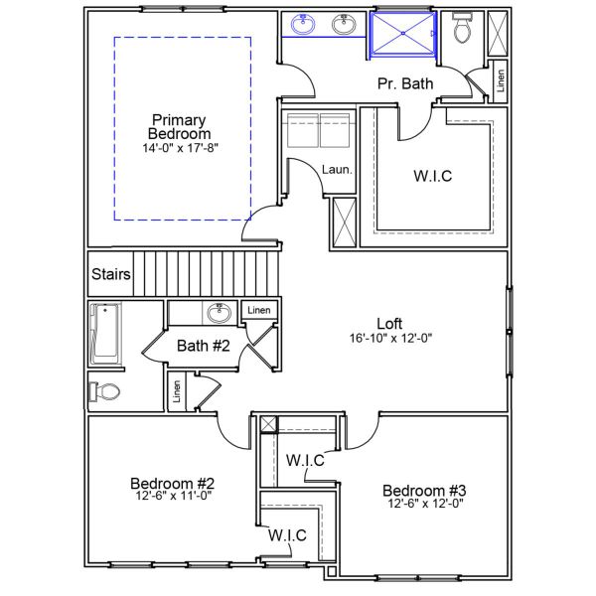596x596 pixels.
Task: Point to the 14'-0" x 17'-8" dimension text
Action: [x=180, y=148]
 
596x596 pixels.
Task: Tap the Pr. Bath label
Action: [x=405, y=84]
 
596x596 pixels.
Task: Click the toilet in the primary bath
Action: [x=460, y=31]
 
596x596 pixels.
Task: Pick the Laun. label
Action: [x=336, y=170]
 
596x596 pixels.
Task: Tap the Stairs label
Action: [x=110, y=274]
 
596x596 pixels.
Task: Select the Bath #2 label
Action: [x=204, y=346]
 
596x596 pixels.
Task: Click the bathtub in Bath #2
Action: [x=104, y=334]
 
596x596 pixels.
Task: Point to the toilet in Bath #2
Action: [x=104, y=390]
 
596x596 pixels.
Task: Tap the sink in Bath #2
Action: [x=219, y=314]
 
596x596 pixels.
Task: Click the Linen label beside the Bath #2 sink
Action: [x=259, y=311]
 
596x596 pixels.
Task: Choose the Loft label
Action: [x=390, y=323]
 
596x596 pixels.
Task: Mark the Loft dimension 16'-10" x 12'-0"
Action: [x=390, y=338]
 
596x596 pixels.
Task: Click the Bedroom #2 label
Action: [x=173, y=483]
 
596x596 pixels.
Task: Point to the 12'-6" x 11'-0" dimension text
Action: [x=173, y=496]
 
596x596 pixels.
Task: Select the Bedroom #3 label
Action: [x=424, y=490]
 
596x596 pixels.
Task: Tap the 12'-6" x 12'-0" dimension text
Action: [x=424, y=503]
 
